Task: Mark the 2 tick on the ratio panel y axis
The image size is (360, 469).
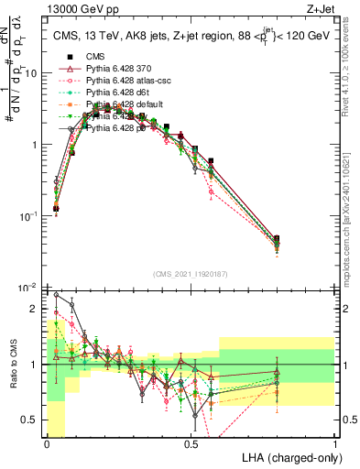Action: pos(37,309)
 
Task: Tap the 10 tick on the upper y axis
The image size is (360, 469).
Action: pos(33,72)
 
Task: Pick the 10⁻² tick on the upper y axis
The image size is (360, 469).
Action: pos(31,288)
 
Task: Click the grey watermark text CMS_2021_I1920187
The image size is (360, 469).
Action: pos(191,273)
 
